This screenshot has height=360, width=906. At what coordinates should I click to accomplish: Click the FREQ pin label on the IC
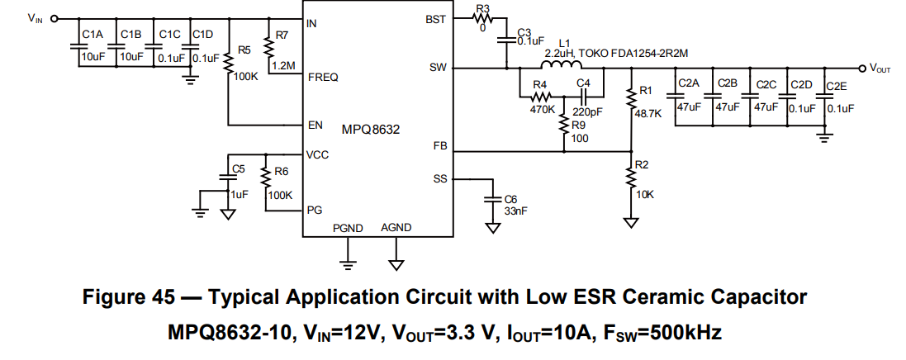pos(322,78)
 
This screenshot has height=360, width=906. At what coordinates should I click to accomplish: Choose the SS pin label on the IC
pos(439,178)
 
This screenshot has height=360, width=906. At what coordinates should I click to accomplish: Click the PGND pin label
pos(348,228)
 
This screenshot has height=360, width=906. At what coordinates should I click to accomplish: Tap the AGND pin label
pos(396,228)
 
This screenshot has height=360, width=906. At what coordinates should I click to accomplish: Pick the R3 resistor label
pos(482,9)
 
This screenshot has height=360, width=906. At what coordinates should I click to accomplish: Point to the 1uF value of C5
pos(239,195)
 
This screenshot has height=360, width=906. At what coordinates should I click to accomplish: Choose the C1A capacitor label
pos(92,34)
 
